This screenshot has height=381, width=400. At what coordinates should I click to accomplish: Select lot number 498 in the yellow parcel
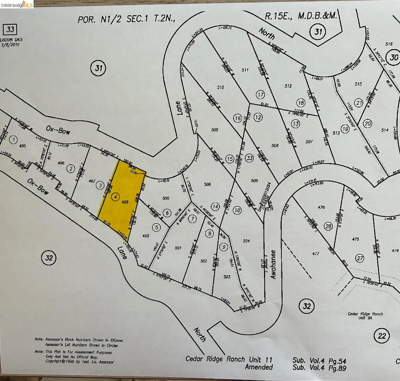125,202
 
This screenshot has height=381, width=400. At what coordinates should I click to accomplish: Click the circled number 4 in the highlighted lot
115,197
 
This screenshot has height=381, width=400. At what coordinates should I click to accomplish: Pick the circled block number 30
394,57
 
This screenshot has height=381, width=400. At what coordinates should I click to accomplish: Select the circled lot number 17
261,95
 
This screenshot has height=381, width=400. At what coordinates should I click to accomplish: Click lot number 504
246,241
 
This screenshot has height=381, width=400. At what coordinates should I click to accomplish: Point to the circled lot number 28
329,226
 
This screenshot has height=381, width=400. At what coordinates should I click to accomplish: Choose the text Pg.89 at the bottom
337,368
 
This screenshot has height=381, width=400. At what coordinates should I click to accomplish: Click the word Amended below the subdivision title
259,367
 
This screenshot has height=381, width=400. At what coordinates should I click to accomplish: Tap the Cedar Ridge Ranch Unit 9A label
365,316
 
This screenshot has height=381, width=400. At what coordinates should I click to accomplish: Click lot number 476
321,207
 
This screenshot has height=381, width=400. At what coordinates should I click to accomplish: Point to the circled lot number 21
359,103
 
